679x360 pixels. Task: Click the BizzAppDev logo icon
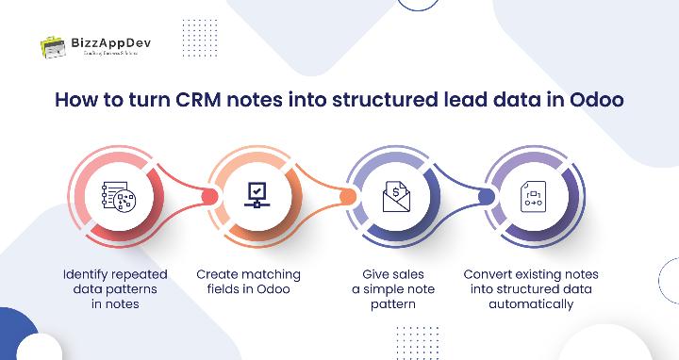click(x=53, y=46)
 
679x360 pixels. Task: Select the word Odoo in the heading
click(x=598, y=100)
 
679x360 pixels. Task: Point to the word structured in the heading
click(x=389, y=100)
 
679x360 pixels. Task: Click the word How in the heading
click(x=76, y=100)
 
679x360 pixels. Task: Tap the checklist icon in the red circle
click(x=119, y=200)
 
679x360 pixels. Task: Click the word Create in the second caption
click(x=218, y=274)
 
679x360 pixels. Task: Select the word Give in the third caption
click(x=376, y=274)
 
